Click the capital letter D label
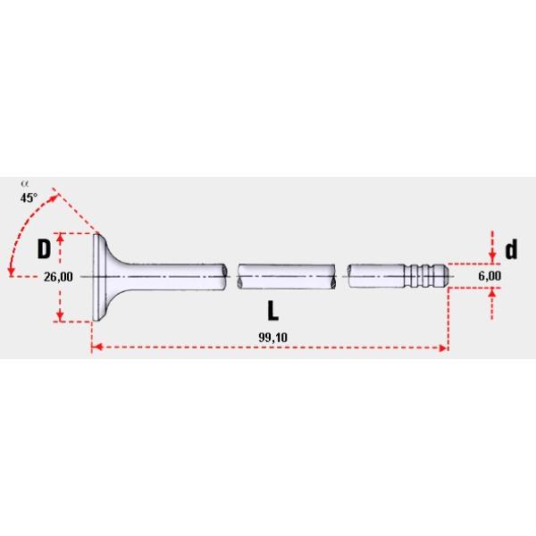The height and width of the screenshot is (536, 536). [44, 248]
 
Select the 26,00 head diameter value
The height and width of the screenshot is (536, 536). [58, 277]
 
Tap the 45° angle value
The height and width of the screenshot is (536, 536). [29, 197]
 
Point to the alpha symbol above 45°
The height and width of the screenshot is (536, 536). [24, 184]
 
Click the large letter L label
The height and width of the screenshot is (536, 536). [272, 311]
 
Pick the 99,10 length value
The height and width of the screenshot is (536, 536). [272, 338]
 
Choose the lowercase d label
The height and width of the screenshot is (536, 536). [511, 249]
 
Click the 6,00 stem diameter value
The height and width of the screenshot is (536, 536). [490, 276]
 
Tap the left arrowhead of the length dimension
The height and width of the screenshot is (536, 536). [97, 348]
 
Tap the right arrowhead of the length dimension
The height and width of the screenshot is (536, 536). [443, 348]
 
